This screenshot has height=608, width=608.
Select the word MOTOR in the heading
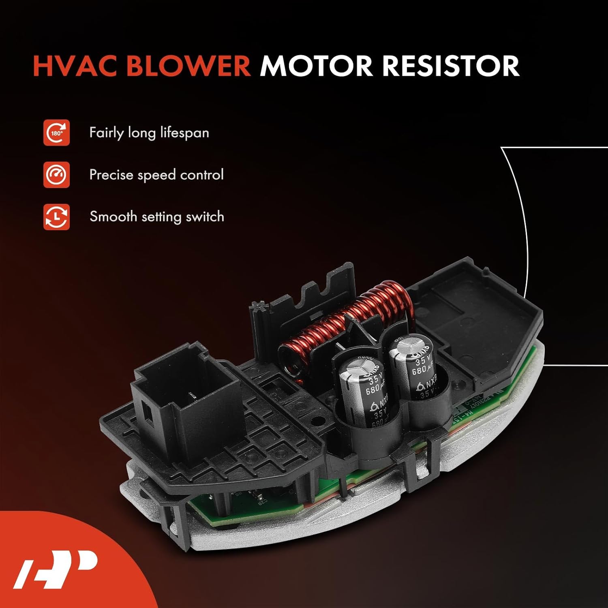coord(316,66)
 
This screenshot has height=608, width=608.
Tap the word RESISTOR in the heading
coord(451,66)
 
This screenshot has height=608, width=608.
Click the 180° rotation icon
coord(56,133)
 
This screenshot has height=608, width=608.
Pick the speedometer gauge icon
coord(56,175)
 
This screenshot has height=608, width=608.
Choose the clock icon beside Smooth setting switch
coord(56,217)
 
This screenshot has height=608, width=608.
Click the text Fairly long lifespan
coord(149,133)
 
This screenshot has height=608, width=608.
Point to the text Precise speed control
coord(156,175)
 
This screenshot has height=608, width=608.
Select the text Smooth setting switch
coord(156,216)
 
